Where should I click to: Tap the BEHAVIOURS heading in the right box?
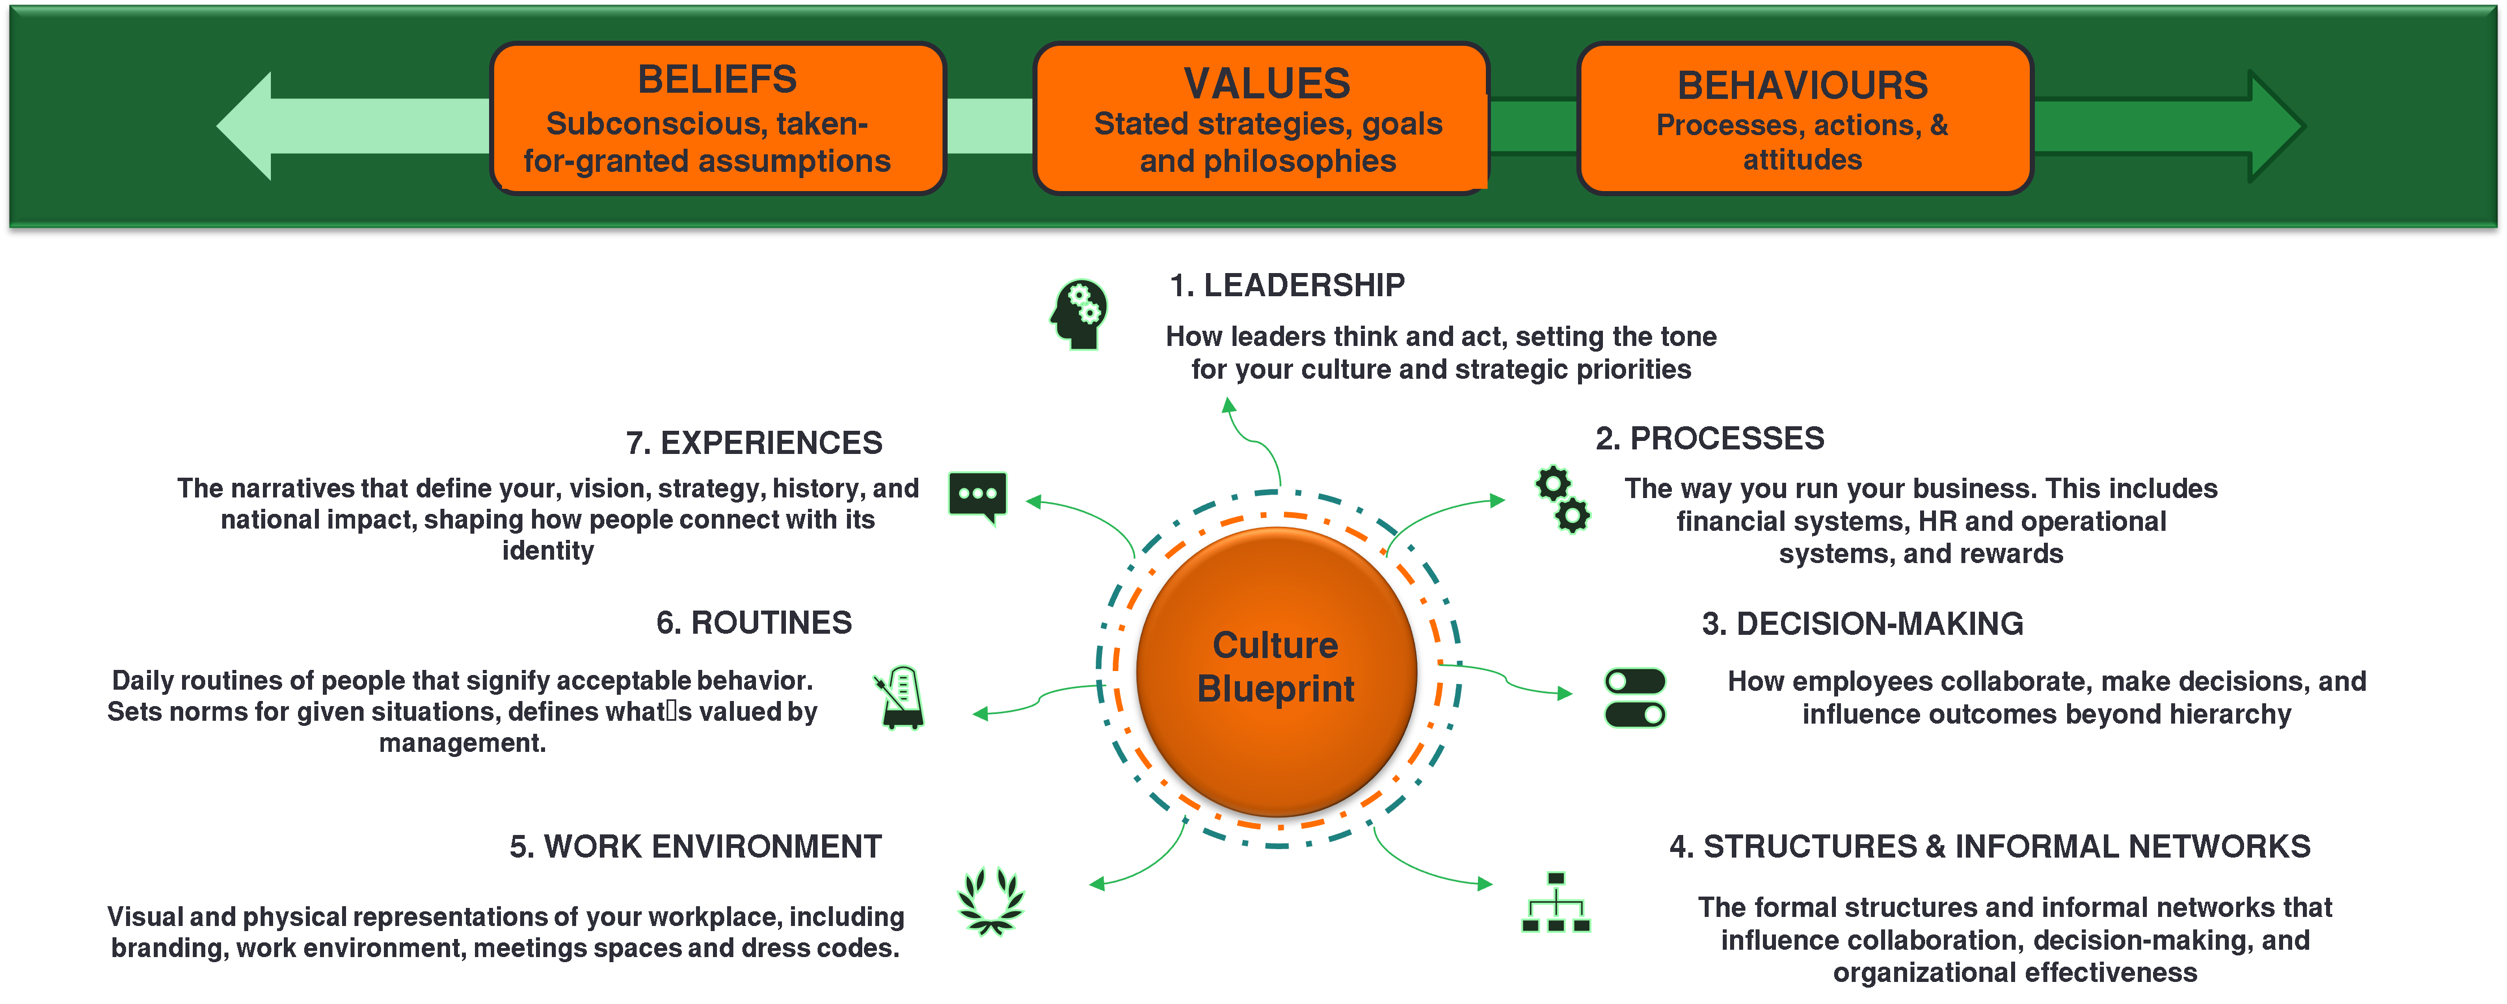[1803, 85]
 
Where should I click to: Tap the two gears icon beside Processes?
[1563, 499]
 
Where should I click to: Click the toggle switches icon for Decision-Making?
[1635, 698]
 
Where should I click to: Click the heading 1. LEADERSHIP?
[1287, 285]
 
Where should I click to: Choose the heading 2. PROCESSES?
[1709, 439]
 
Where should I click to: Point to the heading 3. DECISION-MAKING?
[1862, 624]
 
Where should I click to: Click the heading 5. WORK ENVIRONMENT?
[696, 846]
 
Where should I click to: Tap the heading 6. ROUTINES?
[754, 622]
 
